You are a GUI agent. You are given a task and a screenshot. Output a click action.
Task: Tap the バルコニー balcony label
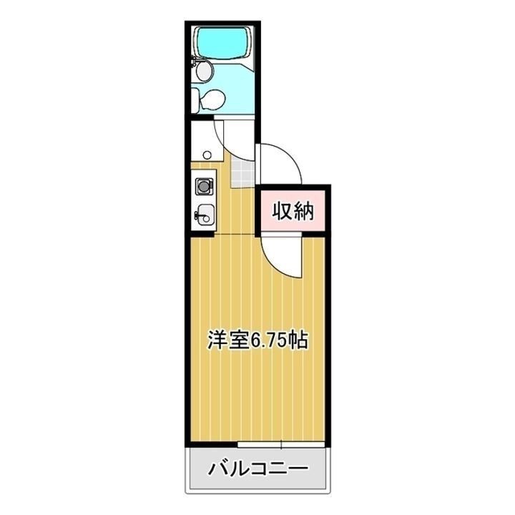[258, 470]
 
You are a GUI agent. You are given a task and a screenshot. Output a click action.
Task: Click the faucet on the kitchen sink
[197, 212]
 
